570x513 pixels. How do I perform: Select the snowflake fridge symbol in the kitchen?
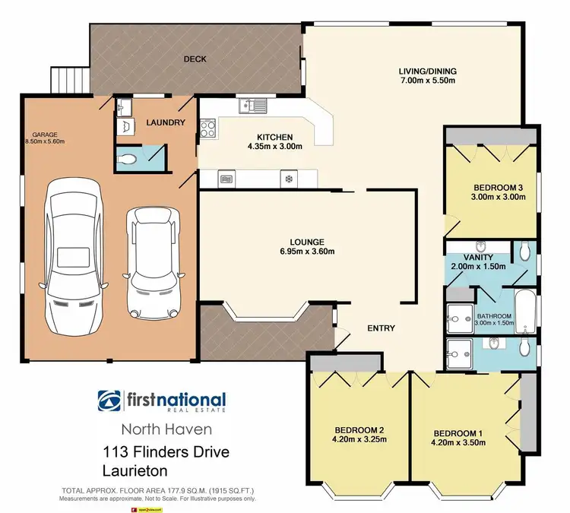tap(288, 180)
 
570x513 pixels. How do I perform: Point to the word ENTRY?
tap(381, 328)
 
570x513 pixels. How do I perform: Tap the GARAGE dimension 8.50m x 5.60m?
tap(46, 141)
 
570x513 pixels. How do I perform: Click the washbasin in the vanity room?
tap(481, 246)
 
